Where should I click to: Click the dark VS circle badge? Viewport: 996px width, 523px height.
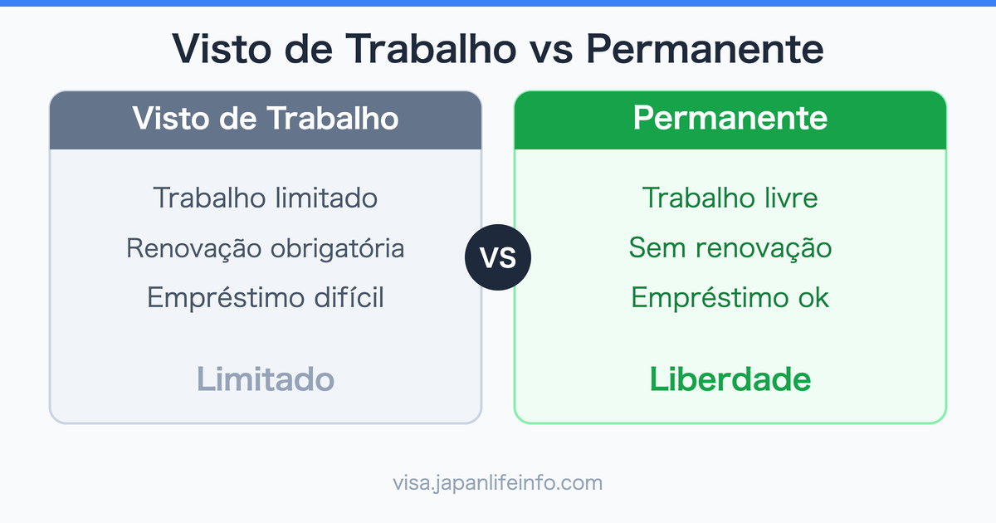[x=498, y=257]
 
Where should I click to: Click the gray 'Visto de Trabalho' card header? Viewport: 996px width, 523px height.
[x=266, y=119]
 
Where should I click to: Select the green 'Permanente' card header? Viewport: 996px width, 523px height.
[x=730, y=119]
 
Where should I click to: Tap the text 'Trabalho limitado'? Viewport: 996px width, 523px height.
[x=266, y=198]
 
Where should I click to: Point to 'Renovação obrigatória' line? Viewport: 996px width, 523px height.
[x=266, y=247]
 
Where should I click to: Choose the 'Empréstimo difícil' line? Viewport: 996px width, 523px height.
[x=266, y=297]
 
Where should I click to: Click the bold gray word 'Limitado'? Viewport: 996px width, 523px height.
[x=266, y=379]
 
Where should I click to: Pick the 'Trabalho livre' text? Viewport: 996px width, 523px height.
[x=730, y=198]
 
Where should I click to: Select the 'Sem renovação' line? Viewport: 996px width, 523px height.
[x=730, y=247]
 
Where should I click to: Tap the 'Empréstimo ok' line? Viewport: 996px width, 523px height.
[x=730, y=297]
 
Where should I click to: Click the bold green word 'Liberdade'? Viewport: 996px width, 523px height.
[x=730, y=379]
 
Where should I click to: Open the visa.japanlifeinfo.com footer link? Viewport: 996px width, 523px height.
[x=498, y=482]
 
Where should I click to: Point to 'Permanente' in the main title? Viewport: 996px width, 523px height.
[x=705, y=50]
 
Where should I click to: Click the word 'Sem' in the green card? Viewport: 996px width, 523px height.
[x=653, y=247]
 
